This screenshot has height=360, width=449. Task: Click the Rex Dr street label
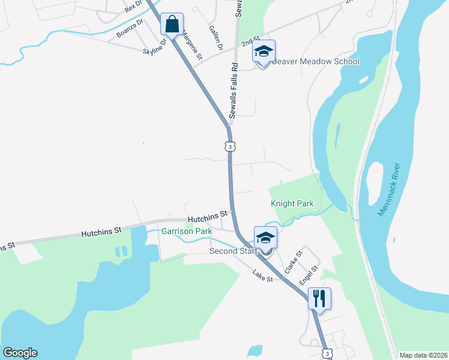pyautogui.click(x=134, y=7)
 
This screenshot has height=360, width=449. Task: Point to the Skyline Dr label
pyautogui.click(x=154, y=47)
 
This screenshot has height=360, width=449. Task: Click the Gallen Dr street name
pyautogui.click(x=216, y=38)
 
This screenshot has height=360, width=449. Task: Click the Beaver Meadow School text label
pyautogui.click(x=316, y=61)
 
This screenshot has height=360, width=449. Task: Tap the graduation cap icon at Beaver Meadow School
pyautogui.click(x=264, y=52)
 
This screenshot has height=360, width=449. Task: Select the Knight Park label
pyautogui.click(x=292, y=204)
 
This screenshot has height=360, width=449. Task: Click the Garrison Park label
pyautogui.click(x=187, y=230)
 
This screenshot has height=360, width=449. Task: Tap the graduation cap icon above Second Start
pyautogui.click(x=265, y=238)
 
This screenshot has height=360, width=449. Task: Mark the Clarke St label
pyautogui.click(x=292, y=263)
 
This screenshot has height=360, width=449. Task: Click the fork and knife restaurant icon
pyautogui.click(x=319, y=297)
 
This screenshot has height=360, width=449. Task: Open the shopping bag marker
pyautogui.click(x=172, y=25)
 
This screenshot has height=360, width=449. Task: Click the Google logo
pyautogui.click(x=20, y=353)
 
